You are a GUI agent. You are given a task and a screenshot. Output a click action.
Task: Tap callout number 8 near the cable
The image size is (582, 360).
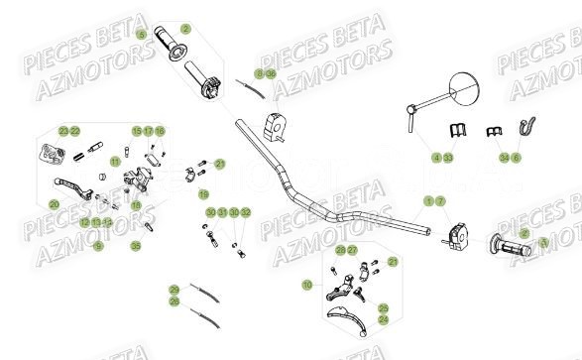click(259, 73)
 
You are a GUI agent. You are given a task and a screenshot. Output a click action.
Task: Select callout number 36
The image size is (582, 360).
click(271, 73)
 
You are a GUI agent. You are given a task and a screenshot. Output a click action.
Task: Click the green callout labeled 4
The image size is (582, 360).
click(436, 157)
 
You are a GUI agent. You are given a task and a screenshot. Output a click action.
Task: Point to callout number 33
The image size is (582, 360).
click(448, 157)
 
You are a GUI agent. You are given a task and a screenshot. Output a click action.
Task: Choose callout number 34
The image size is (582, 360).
click(504, 157)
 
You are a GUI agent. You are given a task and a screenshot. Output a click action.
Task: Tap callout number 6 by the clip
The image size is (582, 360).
click(516, 157)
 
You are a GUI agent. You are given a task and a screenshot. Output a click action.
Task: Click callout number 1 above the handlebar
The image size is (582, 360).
click(428, 200)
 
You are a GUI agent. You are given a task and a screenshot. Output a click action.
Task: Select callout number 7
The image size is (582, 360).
click(440, 200)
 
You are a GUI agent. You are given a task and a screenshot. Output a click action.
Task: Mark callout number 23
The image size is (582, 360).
click(62, 130)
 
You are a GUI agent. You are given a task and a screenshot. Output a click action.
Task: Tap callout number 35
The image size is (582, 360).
click(136, 246)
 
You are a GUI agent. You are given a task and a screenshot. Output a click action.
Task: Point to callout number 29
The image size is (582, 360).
click(174, 289)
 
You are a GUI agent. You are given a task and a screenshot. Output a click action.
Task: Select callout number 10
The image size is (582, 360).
click(307, 285)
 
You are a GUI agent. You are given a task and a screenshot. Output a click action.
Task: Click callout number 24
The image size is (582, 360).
click(384, 319)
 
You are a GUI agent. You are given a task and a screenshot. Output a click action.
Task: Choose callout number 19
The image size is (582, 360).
click(203, 193)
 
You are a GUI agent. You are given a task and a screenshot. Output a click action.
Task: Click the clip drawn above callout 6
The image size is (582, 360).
click(528, 127)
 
